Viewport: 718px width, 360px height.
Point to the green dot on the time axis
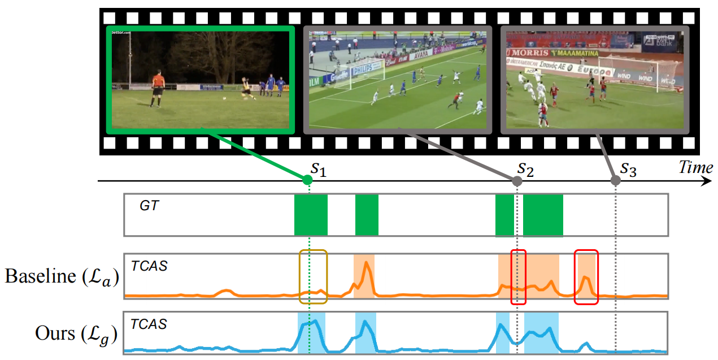[307, 180]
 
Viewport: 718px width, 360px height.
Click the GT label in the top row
[150, 206]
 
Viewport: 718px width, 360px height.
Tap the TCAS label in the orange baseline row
[149, 266]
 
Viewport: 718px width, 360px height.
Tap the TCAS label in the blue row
[149, 324]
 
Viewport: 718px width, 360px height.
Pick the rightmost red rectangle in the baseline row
[586, 277]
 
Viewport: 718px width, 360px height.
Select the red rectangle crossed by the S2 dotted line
[518, 277]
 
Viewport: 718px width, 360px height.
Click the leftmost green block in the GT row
[311, 215]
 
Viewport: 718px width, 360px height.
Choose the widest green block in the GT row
[543, 215]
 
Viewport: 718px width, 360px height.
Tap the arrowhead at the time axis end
[706, 181]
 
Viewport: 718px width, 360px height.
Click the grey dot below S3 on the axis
[616, 181]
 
